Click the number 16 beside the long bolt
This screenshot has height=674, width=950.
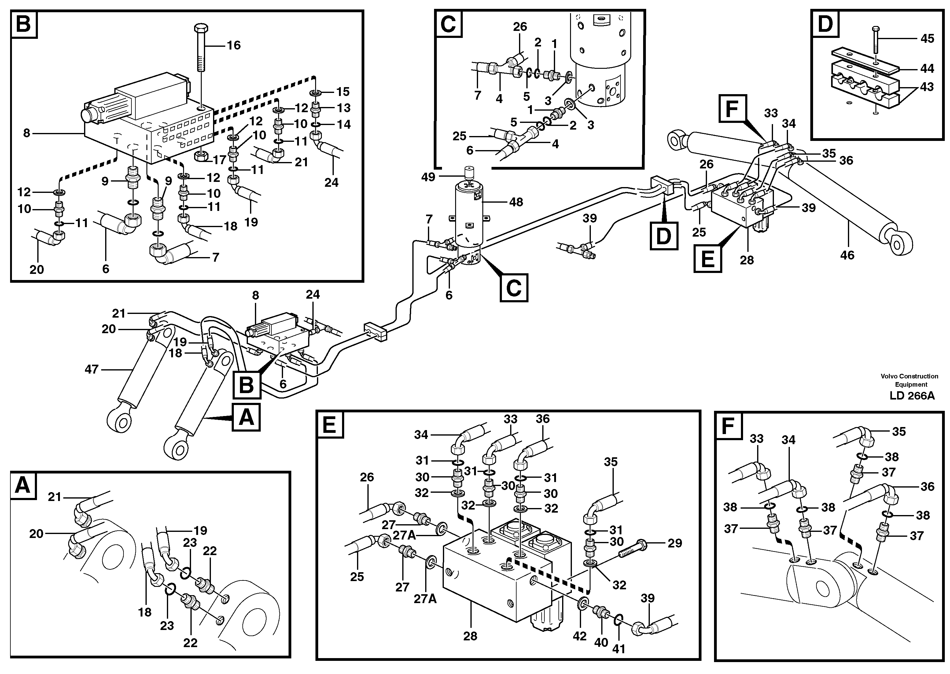tap(234, 45)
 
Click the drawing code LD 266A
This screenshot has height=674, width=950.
tap(912, 396)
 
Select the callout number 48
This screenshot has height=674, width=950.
tap(516, 202)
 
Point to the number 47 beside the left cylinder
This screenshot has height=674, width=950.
tap(91, 369)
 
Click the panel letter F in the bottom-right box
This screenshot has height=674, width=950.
tap(728, 426)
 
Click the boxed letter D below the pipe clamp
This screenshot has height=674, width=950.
tap(663, 236)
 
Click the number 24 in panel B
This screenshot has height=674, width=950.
tap(331, 182)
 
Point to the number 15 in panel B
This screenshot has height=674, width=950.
tap(343, 91)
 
